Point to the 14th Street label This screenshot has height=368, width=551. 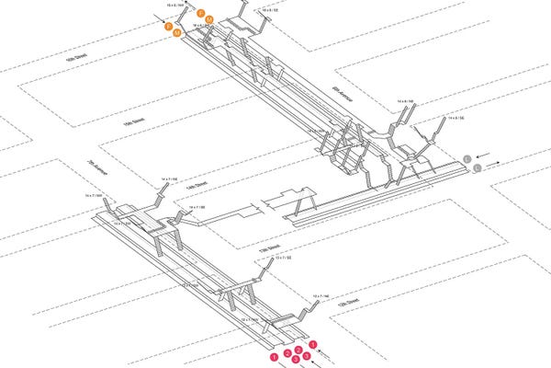(197, 185)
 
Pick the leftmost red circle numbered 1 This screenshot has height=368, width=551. (273, 353)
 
